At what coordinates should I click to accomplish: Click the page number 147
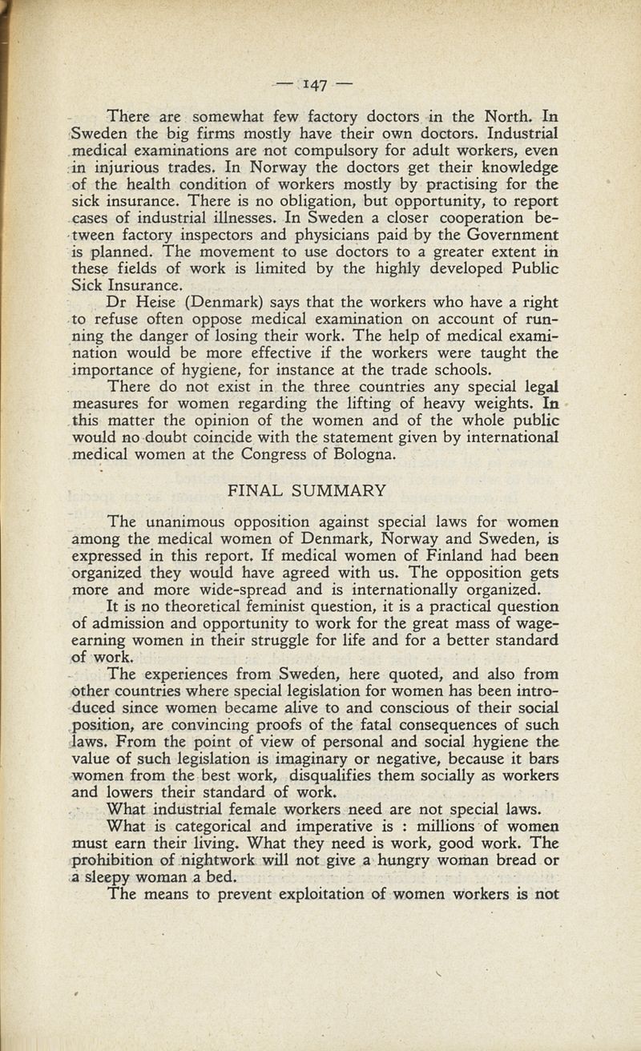point(320,83)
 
